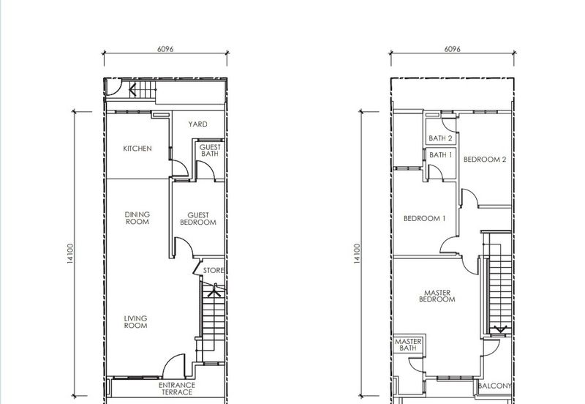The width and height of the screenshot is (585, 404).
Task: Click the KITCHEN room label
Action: pyautogui.click(x=137, y=149)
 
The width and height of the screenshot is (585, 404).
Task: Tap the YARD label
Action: pyautogui.click(x=197, y=124)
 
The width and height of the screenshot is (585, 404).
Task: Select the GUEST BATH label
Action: pyautogui.click(x=210, y=151)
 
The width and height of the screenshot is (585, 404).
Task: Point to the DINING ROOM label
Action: pyautogui.click(x=137, y=218)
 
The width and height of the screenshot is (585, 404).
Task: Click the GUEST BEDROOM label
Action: pyautogui.click(x=198, y=219)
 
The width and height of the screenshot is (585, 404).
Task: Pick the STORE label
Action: pyautogui.click(x=214, y=270)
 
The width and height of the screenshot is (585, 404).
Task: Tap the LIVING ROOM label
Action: pyautogui.click(x=135, y=322)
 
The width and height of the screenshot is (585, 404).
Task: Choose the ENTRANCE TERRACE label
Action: pyautogui.click(x=177, y=389)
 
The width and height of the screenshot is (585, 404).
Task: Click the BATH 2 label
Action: pyautogui.click(x=440, y=138)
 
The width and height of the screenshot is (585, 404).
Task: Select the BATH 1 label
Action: pyautogui.click(x=440, y=154)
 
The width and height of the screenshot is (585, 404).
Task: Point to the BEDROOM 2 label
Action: pyautogui.click(x=485, y=160)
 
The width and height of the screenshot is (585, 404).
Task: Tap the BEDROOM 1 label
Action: pyautogui.click(x=425, y=218)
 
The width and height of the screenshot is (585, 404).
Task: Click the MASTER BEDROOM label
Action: pyautogui.click(x=437, y=296)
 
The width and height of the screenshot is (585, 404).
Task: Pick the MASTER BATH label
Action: pyautogui.click(x=408, y=345)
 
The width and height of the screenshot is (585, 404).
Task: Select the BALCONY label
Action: pyautogui.click(x=494, y=386)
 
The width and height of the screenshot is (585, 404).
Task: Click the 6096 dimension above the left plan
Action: pyautogui.click(x=165, y=49)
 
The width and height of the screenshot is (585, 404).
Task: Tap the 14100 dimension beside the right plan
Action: pyautogui.click(x=357, y=254)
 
